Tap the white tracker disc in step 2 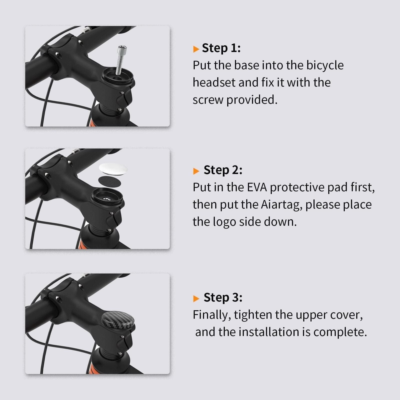[113, 169]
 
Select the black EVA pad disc [109, 181]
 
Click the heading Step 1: [221, 48]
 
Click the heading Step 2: [223, 170]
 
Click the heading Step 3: [223, 297]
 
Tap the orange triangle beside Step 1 [196, 49]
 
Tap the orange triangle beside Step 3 [196, 298]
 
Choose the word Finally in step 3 [212, 315]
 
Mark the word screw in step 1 [208, 100]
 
